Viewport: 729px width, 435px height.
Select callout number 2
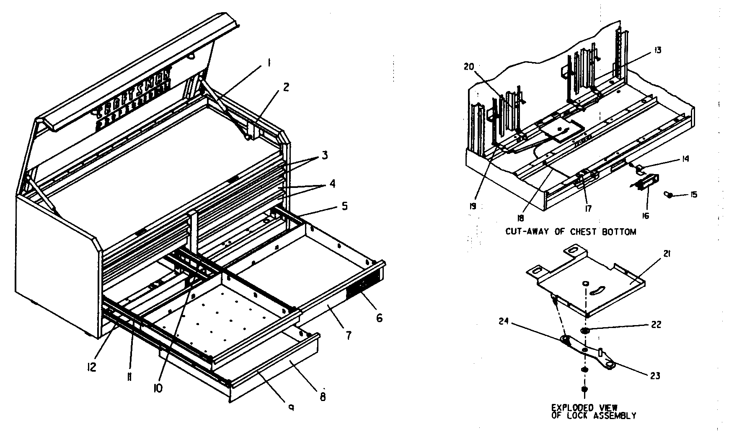coord(286,87)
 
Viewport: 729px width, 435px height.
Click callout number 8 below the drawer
coord(323,396)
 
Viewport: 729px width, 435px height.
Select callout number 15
coord(693,195)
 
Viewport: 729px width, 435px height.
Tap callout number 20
coord(469,66)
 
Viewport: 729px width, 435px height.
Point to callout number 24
coord(504,322)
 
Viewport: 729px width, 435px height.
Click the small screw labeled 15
coord(669,195)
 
